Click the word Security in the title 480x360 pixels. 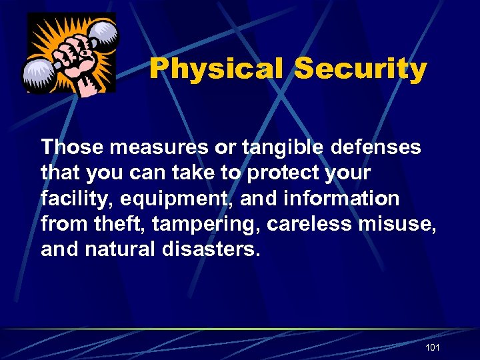pos(360,69)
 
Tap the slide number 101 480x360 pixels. pos(432,348)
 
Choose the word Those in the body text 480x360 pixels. pos(70,147)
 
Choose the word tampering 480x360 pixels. pos(207,225)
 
